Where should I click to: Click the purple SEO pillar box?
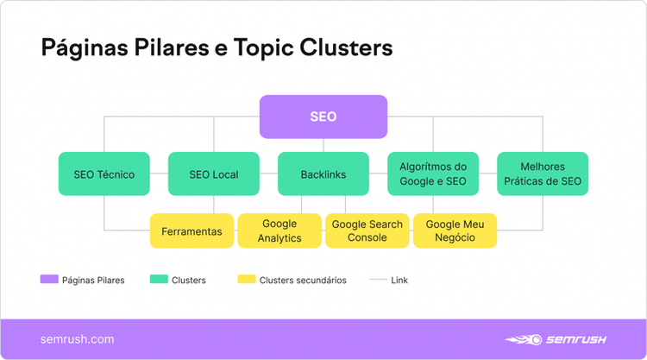[x=323, y=117]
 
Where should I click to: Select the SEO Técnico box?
[x=104, y=174]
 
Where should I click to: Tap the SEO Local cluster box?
[x=214, y=174]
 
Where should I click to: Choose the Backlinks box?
[x=323, y=174]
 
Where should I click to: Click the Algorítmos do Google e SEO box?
[x=433, y=174]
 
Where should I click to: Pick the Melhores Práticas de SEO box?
[x=543, y=174]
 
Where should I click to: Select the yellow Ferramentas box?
[x=192, y=231]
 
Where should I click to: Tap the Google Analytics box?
[x=280, y=231]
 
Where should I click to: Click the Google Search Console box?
[x=367, y=231]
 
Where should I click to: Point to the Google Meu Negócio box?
[x=455, y=231]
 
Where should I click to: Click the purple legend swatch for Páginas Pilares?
[x=49, y=279]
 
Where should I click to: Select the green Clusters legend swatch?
[x=159, y=279]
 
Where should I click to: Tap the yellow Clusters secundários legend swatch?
[x=247, y=279]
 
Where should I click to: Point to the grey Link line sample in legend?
[x=378, y=280]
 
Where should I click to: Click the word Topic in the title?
[x=263, y=48]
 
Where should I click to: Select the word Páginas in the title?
[x=85, y=48]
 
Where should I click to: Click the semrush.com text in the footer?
[x=77, y=339]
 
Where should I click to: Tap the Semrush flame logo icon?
[x=524, y=339]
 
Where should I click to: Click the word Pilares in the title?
[x=172, y=47]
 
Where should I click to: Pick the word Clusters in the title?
[x=346, y=47]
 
